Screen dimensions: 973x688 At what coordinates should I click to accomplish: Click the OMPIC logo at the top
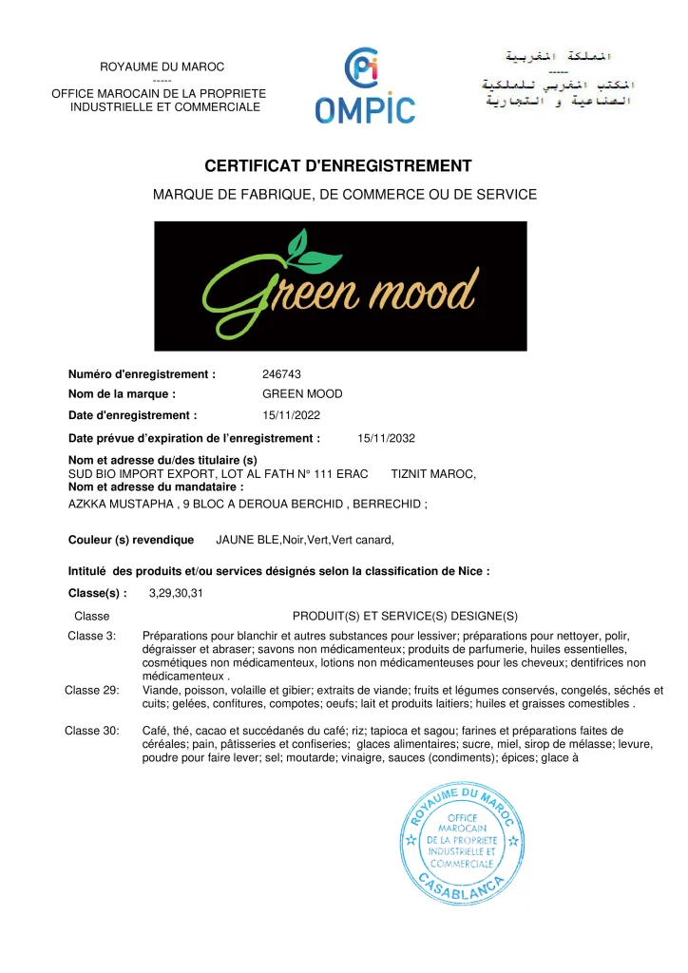pos(365,87)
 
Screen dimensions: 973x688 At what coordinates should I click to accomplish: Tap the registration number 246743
pos(281,374)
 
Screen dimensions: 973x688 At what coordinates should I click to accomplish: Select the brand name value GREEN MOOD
pos(302,393)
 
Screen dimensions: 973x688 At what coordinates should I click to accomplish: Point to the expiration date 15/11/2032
pos(386,438)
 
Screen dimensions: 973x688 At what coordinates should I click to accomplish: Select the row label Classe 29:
pos(90,690)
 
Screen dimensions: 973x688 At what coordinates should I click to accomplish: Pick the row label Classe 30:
pos(90,731)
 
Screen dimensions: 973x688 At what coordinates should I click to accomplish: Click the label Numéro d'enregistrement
pos(143,374)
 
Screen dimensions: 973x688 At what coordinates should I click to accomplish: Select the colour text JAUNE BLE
pos(247,540)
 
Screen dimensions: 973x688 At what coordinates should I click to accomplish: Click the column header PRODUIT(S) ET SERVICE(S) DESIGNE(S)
pos(405,616)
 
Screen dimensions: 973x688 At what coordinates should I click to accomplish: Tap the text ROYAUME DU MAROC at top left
pos(162,67)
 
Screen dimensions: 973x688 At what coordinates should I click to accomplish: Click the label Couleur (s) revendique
pos(131,540)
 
